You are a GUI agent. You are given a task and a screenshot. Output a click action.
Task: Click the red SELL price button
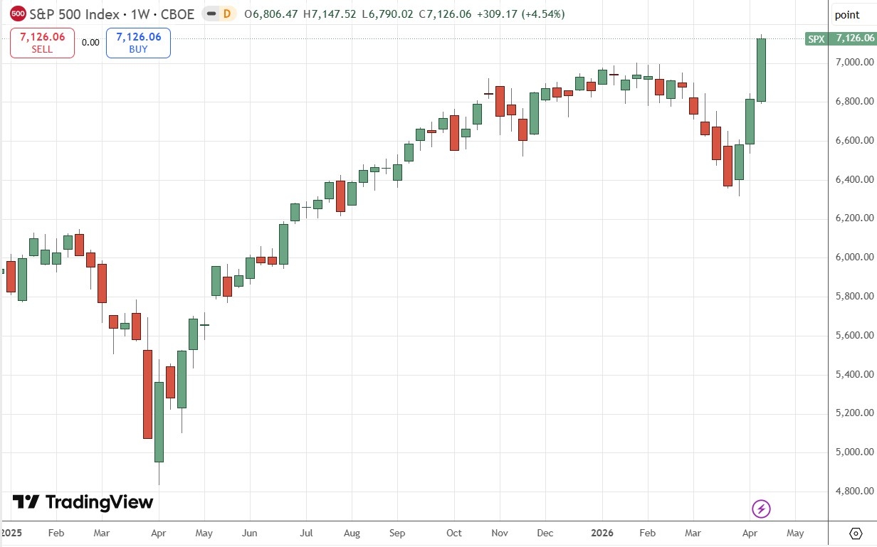pos(42,43)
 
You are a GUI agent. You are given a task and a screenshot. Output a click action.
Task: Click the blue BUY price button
pos(138,43)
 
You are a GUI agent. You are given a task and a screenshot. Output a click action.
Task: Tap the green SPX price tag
pos(841,38)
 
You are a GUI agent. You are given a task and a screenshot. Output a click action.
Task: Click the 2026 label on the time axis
pos(602,533)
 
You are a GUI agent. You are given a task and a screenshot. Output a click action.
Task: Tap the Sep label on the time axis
pos(397,533)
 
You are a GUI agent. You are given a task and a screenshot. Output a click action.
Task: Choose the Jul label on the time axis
pos(306,533)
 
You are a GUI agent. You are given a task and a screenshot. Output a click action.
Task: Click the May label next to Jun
pos(204,533)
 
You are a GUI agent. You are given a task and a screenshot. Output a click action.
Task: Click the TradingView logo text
pos(83,502)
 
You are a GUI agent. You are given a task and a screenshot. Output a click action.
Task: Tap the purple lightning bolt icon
pos(762,509)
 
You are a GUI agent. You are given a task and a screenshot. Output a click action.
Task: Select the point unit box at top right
pos(847,15)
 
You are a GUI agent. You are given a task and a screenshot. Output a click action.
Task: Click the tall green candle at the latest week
pos(761,70)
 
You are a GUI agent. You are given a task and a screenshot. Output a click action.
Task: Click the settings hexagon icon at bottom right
pos(856,533)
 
